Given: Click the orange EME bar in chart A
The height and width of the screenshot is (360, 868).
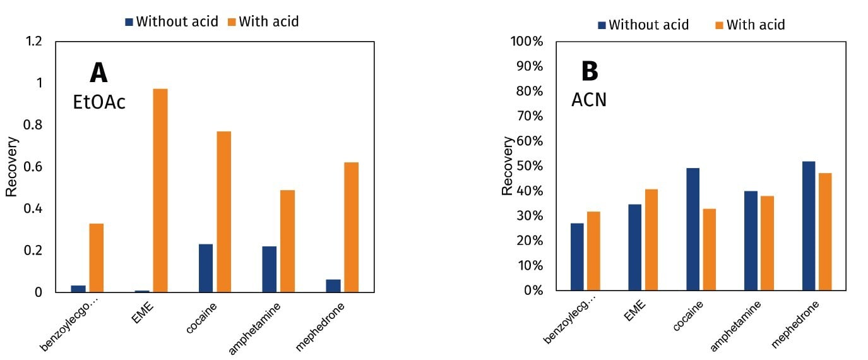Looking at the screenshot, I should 160,190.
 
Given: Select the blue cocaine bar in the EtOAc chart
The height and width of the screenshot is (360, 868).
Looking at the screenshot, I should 205,268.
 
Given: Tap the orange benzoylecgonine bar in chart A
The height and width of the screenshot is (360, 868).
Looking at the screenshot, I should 96,258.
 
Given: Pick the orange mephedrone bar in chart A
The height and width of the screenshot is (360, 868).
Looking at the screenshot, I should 351,227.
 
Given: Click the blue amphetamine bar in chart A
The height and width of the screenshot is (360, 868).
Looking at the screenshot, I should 269,269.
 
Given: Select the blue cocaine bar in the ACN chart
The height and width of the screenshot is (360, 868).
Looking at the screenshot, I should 693,229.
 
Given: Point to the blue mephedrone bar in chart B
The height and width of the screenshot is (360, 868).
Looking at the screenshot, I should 808,225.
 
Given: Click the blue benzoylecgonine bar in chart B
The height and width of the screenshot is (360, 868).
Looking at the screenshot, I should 577,256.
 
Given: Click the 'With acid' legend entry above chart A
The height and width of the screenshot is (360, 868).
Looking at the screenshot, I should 263,21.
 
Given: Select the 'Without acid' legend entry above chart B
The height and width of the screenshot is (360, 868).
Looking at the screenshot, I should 643,25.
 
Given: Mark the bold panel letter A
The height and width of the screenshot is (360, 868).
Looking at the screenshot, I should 98,73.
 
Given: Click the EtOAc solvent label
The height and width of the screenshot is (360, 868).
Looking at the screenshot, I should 99,102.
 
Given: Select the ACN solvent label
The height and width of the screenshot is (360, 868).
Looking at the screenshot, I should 588,100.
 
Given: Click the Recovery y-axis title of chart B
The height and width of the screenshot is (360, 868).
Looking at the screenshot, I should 507,165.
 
